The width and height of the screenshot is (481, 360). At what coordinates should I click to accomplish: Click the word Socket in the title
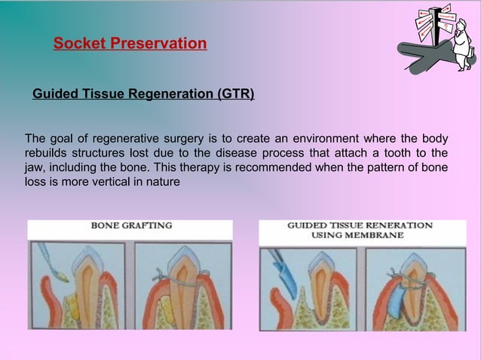[x=79, y=44]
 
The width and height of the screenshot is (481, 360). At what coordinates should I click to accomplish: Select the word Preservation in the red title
[x=158, y=44]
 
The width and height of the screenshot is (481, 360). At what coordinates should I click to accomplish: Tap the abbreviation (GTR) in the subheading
[x=235, y=94]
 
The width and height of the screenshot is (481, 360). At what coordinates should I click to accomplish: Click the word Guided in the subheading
[x=54, y=94]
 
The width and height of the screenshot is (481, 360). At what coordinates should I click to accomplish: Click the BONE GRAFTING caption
[x=131, y=225]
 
